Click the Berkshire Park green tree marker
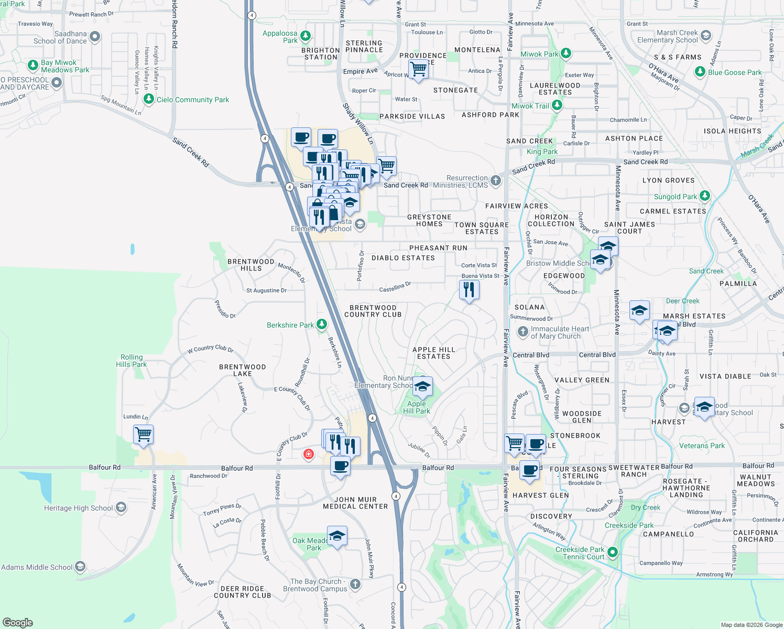(322, 325)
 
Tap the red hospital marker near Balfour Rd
(309, 454)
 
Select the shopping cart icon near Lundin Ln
(143, 435)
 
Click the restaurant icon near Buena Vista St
(469, 290)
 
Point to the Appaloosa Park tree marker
(306, 36)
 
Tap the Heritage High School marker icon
(121, 507)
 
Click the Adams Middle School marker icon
(80, 567)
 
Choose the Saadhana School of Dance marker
(95, 37)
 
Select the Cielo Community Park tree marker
(149, 99)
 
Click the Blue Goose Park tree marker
(700, 72)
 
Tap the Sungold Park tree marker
(705, 196)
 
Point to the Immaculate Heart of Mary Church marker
(522, 332)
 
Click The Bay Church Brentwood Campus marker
(355, 584)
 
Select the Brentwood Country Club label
(373, 311)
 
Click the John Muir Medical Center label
(355, 503)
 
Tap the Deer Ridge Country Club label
(242, 592)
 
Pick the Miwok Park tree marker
(565, 53)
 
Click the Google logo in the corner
(17, 623)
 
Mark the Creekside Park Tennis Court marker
(612, 552)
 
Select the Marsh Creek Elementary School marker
(706, 36)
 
